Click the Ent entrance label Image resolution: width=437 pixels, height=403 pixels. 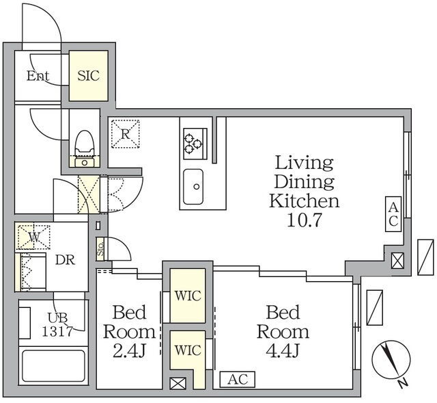(38, 76)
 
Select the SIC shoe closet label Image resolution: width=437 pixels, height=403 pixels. (88, 76)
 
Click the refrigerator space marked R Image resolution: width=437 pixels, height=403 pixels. (125, 134)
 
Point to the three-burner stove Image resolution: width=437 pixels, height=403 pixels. (195, 144)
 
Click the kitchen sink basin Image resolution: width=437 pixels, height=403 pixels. (193, 187)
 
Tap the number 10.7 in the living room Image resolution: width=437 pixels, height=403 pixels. (304, 220)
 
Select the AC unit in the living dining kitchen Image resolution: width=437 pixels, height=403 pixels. (393, 214)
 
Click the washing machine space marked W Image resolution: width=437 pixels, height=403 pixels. (33, 236)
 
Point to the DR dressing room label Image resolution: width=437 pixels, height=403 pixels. (66, 260)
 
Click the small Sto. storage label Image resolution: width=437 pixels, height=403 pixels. (100, 249)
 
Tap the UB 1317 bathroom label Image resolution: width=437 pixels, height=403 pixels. (57, 324)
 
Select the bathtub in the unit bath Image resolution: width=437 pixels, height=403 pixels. (53, 366)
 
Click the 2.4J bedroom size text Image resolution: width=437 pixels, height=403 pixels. (129, 351)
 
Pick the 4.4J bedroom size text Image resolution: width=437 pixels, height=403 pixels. (283, 351)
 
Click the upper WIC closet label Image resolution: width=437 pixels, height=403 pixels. (188, 296)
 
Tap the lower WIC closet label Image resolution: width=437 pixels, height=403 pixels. (188, 350)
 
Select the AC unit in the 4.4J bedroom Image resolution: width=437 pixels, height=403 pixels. (238, 380)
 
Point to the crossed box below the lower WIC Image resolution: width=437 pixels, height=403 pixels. (178, 383)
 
